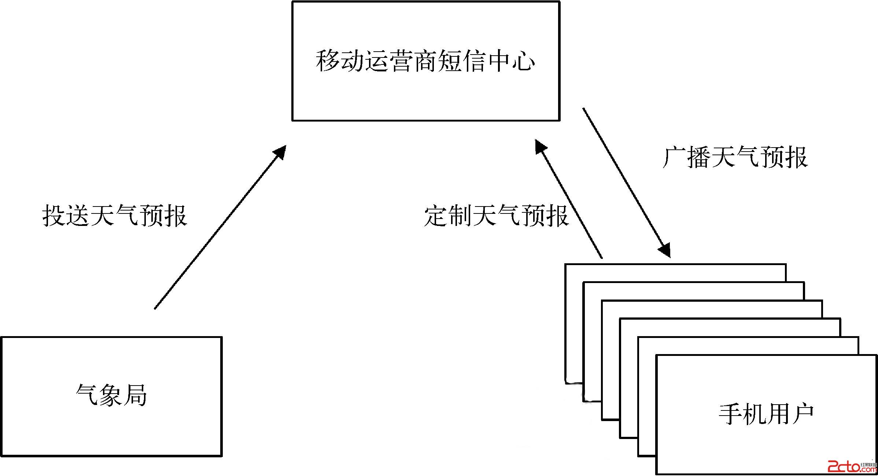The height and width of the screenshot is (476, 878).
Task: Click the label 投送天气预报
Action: (x=115, y=216)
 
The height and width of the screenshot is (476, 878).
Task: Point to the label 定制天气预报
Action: (x=496, y=216)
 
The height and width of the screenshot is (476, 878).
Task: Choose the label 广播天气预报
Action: (x=735, y=158)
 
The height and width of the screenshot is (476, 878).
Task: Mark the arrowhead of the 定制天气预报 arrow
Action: (x=540, y=146)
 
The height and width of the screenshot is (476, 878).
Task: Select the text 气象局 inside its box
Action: (x=111, y=395)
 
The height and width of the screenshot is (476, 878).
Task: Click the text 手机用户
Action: (x=766, y=414)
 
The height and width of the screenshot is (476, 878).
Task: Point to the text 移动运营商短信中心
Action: (x=425, y=61)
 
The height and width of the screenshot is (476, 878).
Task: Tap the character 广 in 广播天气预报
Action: (x=675, y=158)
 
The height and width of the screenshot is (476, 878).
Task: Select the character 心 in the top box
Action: (x=523, y=61)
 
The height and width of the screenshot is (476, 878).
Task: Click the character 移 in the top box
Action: (x=328, y=61)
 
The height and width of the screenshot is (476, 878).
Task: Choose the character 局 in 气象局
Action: (x=135, y=395)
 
